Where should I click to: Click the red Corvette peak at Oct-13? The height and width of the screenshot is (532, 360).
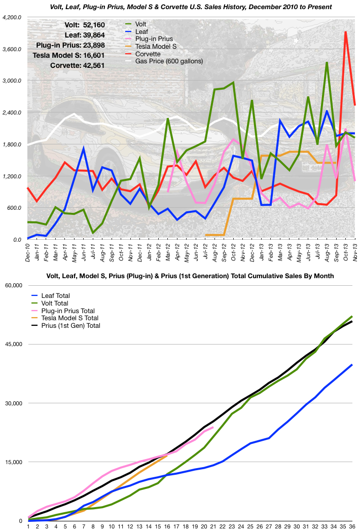(345, 32)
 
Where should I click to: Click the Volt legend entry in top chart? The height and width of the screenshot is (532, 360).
(142, 23)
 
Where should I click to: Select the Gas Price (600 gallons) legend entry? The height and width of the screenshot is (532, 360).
(168, 61)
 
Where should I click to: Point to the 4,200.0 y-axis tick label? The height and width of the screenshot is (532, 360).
(12, 17)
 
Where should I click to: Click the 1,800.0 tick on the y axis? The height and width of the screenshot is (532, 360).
(12, 144)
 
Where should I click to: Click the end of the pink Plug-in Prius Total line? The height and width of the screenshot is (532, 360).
(213, 428)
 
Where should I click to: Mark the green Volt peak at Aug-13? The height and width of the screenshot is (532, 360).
(327, 62)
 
